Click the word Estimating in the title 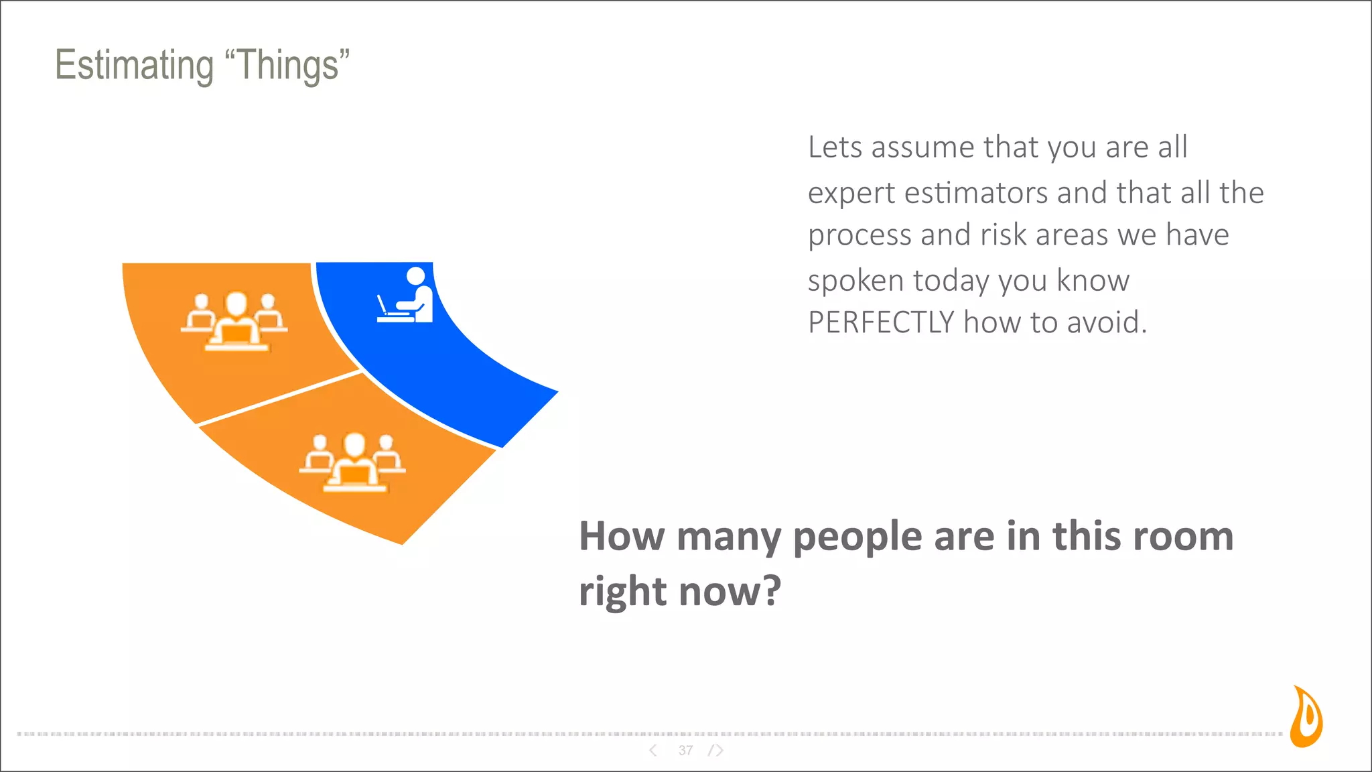tap(134, 66)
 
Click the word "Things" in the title tap(287, 66)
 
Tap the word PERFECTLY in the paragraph tap(880, 323)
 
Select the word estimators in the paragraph tap(975, 194)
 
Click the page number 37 tap(685, 751)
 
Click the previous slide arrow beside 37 tap(653, 751)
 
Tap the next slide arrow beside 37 tap(717, 751)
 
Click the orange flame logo tap(1306, 717)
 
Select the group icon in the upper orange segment tap(234, 322)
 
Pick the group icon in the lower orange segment tap(353, 462)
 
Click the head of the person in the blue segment tap(415, 275)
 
